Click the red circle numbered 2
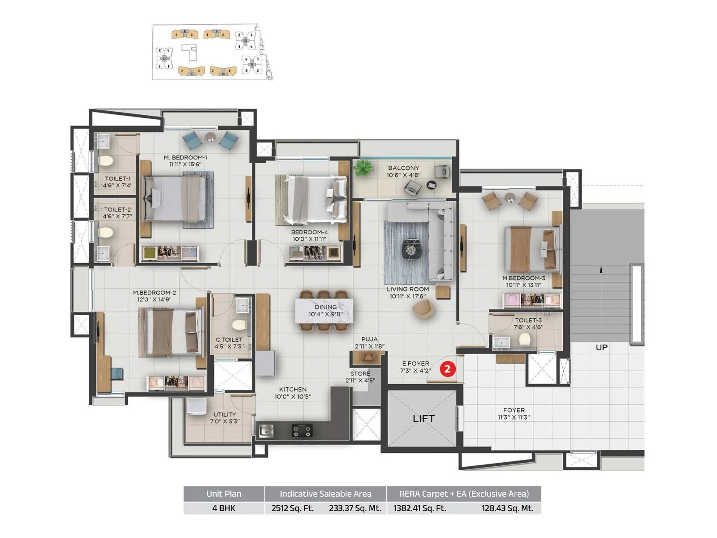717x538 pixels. click(447, 369)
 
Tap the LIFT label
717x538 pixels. click(423, 419)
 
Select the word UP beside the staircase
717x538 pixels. click(601, 347)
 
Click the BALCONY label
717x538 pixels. click(403, 168)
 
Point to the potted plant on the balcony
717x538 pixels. click(363, 169)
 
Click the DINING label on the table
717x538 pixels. click(325, 307)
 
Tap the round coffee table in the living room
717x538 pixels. click(410, 249)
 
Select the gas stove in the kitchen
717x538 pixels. click(302, 430)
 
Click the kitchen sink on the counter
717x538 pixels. click(267, 430)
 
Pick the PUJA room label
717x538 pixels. click(369, 339)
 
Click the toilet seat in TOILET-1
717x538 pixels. click(106, 161)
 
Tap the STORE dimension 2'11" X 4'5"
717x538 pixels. click(360, 381)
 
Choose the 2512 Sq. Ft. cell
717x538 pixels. click(292, 508)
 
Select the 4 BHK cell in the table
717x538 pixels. click(224, 508)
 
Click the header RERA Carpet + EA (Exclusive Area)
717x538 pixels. click(464, 494)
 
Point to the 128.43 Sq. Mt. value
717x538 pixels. click(507, 508)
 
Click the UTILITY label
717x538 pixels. click(225, 414)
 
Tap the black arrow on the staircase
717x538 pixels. click(601, 269)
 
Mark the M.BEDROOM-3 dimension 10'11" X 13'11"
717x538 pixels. click(523, 285)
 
